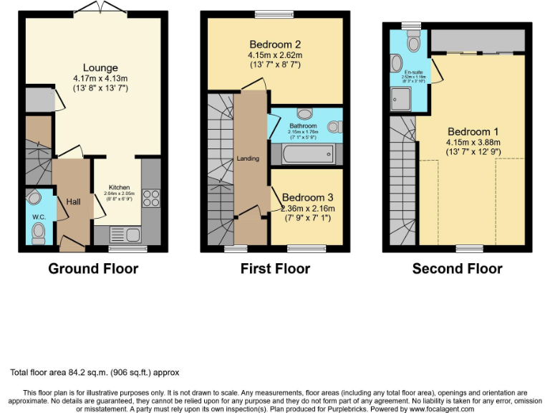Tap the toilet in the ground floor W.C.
pos(39,231)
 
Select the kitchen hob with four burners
pos(151,198)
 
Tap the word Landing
pos(249,158)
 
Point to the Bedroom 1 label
pos(473,132)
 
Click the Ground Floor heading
pos(93,269)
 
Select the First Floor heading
pos(275,269)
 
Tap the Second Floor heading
pos(457,269)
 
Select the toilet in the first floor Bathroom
pos(332,127)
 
